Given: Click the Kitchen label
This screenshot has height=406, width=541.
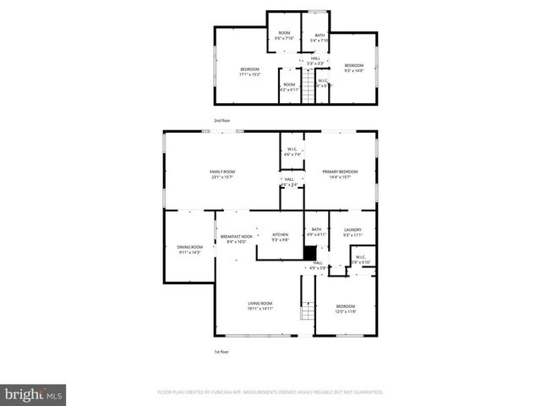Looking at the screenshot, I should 280,237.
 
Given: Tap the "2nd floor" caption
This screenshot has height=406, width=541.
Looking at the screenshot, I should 222,121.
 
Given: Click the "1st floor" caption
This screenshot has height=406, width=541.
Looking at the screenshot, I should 221,351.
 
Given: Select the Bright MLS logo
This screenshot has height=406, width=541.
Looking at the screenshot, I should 34,394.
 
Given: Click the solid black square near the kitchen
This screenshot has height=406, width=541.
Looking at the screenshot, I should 310,253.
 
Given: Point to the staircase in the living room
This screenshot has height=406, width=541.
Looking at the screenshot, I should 308,310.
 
